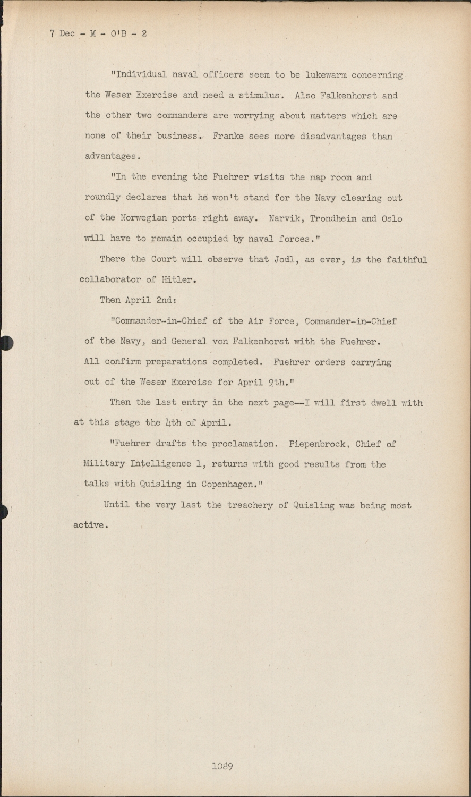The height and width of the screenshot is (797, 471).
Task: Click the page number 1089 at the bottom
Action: tap(222, 766)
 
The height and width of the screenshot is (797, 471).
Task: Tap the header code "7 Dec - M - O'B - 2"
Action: tap(98, 33)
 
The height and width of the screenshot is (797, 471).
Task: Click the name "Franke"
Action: tap(228, 136)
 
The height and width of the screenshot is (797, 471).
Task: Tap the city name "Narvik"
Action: tap(285, 218)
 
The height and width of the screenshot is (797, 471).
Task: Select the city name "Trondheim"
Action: tap(333, 218)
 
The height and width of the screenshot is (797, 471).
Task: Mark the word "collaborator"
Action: tap(110, 279)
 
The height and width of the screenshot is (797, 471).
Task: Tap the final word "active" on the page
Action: tap(89, 525)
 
